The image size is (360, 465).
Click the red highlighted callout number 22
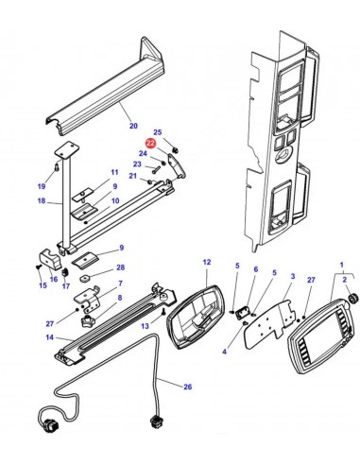151,144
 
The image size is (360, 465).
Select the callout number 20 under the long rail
133,126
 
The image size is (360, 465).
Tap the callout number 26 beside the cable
188,387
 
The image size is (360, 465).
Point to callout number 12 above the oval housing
207,262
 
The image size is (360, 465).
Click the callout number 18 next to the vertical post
42,200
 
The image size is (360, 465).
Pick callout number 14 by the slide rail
50,337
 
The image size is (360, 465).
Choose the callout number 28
121,267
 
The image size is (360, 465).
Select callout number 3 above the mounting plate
293,276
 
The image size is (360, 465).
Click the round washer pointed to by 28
85,279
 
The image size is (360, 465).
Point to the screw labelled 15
38,267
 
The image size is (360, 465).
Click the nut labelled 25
177,149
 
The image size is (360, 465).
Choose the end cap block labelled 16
50,259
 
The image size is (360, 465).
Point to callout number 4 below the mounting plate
224,352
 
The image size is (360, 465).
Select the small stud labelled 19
57,166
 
